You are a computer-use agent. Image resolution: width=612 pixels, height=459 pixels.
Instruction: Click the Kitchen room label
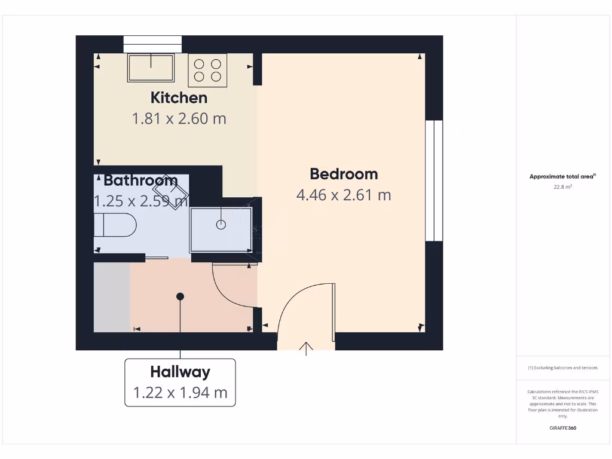click(x=179, y=97)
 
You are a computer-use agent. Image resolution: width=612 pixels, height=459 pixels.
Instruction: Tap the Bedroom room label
click(x=344, y=174)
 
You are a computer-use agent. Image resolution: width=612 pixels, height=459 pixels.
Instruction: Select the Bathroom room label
click(x=140, y=180)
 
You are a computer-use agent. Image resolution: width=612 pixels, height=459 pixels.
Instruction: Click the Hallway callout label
click(x=180, y=372)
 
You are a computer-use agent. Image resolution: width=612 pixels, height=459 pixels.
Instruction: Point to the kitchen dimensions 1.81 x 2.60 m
click(x=179, y=118)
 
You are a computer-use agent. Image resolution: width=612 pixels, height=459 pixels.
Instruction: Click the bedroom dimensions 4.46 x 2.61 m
click(x=344, y=195)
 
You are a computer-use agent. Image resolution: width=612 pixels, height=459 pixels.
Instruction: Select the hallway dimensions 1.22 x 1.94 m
click(x=180, y=393)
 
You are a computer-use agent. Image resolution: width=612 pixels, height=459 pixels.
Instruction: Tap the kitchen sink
click(x=151, y=68)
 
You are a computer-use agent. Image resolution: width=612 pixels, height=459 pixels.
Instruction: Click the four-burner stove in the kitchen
click(x=207, y=69)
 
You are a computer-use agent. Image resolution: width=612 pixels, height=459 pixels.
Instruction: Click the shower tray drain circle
click(x=221, y=225)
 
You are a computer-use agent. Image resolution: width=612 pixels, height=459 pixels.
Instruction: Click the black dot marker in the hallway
click(x=180, y=296)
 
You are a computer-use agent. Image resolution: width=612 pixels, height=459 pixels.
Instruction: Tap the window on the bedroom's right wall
click(x=434, y=180)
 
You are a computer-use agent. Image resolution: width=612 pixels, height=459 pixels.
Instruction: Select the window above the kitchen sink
click(x=152, y=44)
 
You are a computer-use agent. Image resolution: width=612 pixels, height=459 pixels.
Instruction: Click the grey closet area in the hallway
click(x=112, y=296)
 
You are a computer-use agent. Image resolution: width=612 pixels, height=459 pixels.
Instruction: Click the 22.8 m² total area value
click(x=562, y=187)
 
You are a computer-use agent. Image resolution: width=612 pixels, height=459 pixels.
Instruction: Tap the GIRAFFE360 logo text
click(x=562, y=428)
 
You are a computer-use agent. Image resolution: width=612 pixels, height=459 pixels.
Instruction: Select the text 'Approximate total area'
click(x=561, y=176)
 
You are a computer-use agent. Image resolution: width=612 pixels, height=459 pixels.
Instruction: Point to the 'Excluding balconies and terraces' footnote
click(x=562, y=368)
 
